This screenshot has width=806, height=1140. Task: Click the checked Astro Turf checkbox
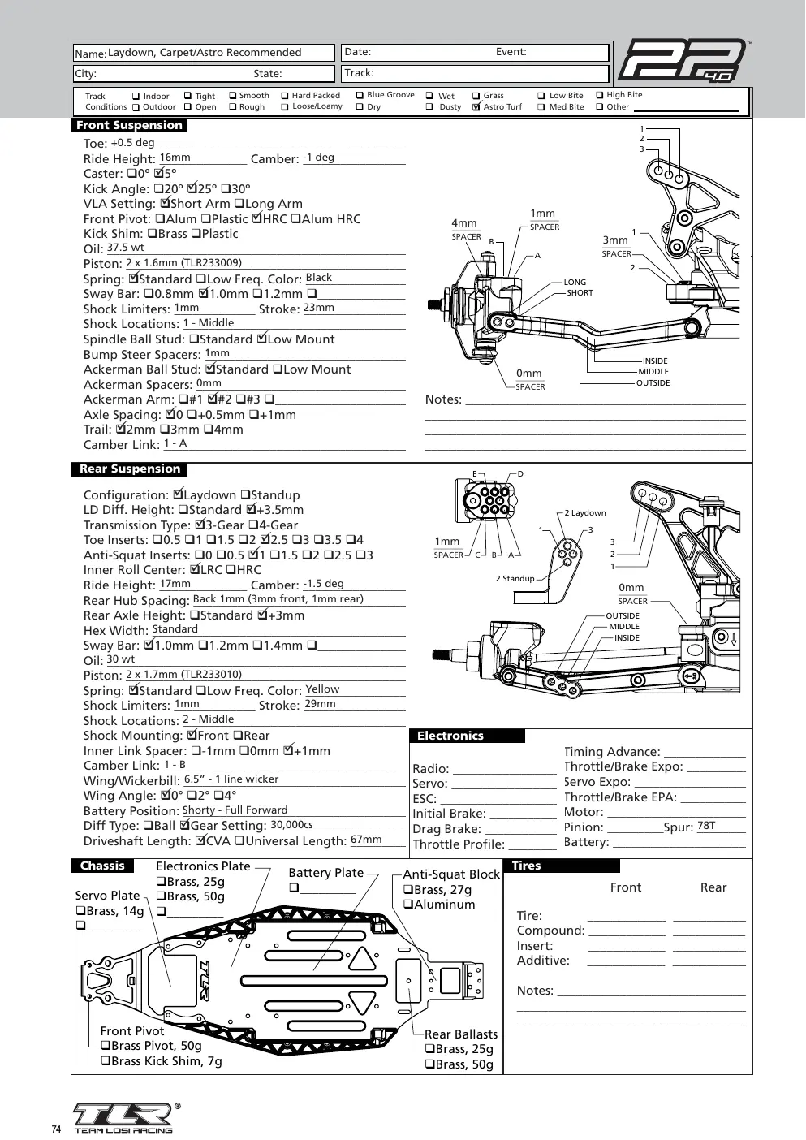476,107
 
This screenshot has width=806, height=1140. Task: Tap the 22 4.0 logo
683,61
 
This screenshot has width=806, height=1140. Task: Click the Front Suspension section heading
129,125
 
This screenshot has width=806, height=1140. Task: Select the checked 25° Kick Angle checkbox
192,188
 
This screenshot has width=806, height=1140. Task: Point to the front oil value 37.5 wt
125,248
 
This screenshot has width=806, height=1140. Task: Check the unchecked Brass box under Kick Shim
152,234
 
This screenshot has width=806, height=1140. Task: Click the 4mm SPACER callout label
466,230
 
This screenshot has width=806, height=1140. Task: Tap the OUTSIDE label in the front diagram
653,382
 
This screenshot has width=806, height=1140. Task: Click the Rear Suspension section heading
130,469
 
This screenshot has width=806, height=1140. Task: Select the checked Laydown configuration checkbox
178,494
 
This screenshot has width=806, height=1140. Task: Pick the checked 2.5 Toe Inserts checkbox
265,539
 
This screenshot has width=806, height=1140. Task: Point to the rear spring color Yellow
322,689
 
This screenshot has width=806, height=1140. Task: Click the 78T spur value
706,826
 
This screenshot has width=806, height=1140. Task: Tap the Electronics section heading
450,736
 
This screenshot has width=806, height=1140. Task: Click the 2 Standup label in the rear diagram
515,578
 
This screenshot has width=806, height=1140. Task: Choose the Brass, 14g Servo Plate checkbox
80,910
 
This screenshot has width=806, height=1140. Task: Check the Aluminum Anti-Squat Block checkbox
407,904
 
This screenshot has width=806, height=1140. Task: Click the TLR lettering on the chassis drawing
204,981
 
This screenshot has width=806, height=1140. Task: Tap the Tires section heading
526,866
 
